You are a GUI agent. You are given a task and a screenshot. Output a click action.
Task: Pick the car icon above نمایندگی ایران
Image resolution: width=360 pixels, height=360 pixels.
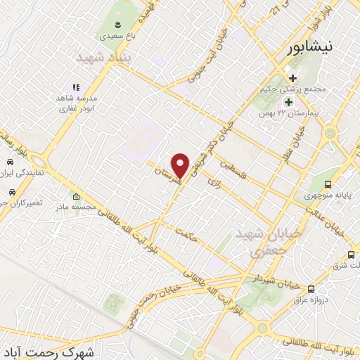[11, 161]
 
